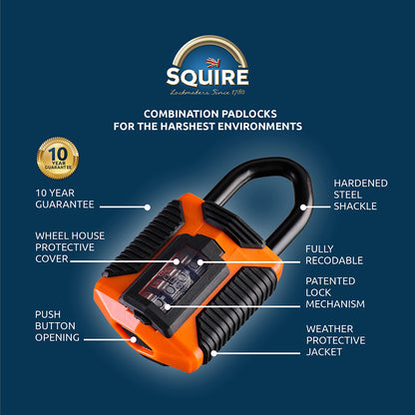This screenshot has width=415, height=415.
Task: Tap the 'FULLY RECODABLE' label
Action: click(x=335, y=253)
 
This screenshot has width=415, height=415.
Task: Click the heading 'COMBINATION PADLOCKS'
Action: click(x=207, y=114)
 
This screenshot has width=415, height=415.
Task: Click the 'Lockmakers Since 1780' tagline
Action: click(x=207, y=92)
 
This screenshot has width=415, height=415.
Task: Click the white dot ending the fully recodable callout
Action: click(x=200, y=262)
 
